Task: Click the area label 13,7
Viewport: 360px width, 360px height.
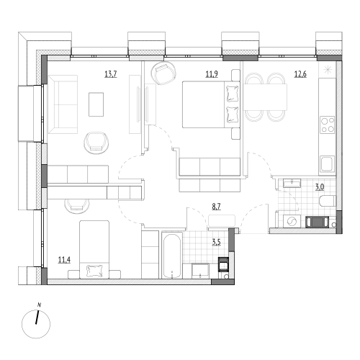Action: pyautogui.click(x=111, y=74)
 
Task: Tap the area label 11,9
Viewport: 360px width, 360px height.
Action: pyautogui.click(x=212, y=74)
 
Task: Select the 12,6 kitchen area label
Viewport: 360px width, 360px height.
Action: pyautogui.click(x=300, y=74)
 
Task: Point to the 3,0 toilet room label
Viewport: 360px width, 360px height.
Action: pyautogui.click(x=320, y=187)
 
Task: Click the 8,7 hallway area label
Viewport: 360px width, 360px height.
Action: pyautogui.click(x=216, y=207)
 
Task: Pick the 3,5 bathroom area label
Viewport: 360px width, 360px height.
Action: pyautogui.click(x=216, y=242)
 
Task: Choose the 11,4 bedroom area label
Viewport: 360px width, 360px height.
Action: pyautogui.click(x=64, y=260)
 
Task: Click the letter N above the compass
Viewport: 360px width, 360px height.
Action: pyautogui.click(x=39, y=305)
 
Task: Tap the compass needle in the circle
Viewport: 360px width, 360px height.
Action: pyautogui.click(x=37, y=318)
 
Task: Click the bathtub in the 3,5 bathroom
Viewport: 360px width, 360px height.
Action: pyautogui.click(x=172, y=255)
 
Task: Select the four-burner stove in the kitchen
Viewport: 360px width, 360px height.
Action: pyautogui.click(x=328, y=125)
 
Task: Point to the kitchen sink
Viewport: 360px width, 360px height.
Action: pyautogui.click(x=327, y=164)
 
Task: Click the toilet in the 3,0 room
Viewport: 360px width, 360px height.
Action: pyautogui.click(x=328, y=201)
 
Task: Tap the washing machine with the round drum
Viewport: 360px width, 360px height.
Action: pyautogui.click(x=292, y=221)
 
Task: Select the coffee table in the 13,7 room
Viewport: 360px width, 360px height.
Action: pyautogui.click(x=96, y=104)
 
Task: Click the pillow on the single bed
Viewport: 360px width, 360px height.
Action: pyautogui.click(x=94, y=271)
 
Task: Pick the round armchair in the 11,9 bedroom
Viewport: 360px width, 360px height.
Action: pyautogui.click(x=163, y=73)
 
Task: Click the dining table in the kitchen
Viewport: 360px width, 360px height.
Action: pyautogui.click(x=266, y=97)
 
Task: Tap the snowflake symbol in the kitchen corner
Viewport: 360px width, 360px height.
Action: pyautogui.click(x=327, y=70)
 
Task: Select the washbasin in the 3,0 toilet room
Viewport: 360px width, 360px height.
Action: pyautogui.click(x=292, y=183)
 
